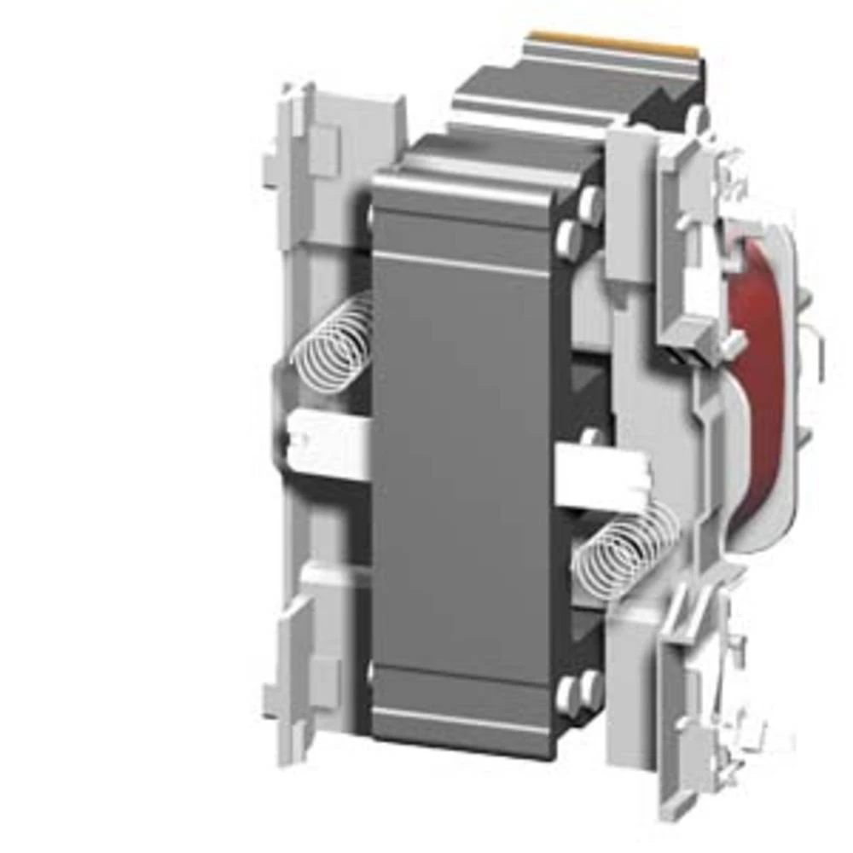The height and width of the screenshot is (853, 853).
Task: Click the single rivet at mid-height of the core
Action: [589, 438]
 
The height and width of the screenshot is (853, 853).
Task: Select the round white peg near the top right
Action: [697, 117]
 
